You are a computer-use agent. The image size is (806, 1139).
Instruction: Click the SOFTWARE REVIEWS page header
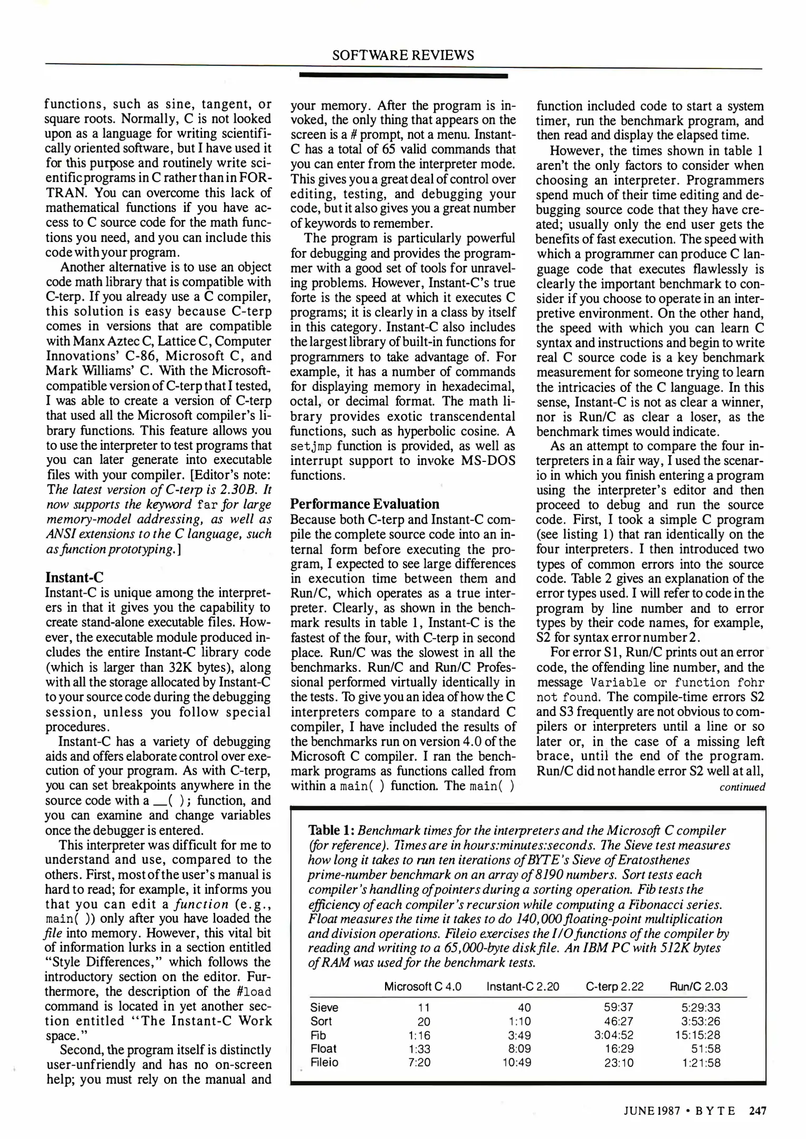coord(403,55)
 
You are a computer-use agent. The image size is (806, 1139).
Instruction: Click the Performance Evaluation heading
coord(364,504)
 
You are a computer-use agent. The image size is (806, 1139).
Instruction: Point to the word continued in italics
coord(742,787)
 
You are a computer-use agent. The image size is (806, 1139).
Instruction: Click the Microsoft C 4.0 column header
coord(423,987)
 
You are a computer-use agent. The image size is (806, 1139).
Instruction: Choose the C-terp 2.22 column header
coord(615,987)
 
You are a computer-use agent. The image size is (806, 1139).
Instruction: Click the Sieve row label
coord(324,1008)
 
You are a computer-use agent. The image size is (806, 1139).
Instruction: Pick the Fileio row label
coord(324,1063)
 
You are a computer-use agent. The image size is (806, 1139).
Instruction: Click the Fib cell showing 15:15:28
coord(698,1035)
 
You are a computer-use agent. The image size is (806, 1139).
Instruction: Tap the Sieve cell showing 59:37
coord(618,1008)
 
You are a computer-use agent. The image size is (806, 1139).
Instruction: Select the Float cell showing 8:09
coord(518,1049)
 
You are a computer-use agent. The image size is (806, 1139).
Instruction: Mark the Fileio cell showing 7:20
coord(419,1063)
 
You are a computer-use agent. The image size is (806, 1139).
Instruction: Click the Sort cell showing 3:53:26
coord(701,1021)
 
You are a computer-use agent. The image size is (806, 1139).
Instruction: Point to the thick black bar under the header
coord(403,76)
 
